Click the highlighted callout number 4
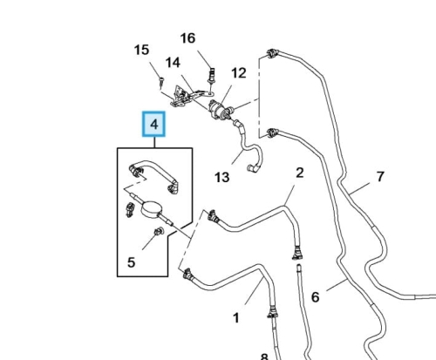153,124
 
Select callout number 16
187,38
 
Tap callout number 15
141,50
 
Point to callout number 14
173,63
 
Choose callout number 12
239,73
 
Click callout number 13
222,177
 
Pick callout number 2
300,173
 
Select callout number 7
380,176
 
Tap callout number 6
316,297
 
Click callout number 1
236,317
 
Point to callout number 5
132,262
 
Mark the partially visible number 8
264,357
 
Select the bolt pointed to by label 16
212,76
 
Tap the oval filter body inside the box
151,209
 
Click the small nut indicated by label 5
159,231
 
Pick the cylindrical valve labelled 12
220,110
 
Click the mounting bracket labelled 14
186,96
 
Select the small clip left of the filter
130,209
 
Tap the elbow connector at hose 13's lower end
253,168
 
